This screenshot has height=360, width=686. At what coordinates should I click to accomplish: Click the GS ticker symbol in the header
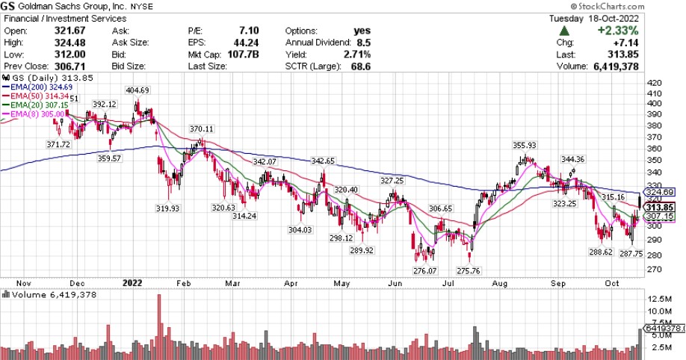(x=12, y=7)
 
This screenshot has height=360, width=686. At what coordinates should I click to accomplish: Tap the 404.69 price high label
(x=137, y=90)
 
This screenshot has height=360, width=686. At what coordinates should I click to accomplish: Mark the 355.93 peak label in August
(x=525, y=145)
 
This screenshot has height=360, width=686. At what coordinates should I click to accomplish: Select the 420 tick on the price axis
(x=655, y=84)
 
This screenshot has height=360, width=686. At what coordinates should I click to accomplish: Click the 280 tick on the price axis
(x=655, y=253)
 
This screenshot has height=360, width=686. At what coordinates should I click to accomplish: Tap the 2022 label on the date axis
(x=132, y=283)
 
